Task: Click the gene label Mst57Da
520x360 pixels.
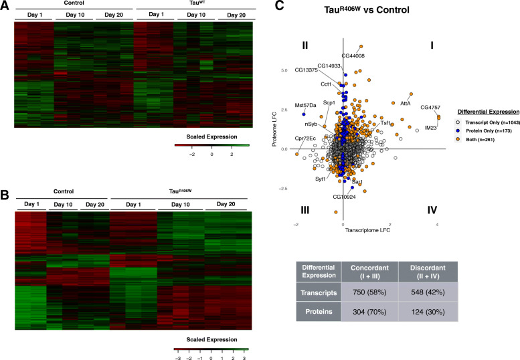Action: (305, 106)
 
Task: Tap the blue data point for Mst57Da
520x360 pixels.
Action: (304, 114)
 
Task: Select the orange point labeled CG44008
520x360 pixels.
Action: (361, 47)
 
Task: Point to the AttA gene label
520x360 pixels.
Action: (406, 104)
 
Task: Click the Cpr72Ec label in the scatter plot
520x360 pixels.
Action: (305, 139)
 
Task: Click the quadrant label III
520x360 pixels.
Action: (305, 210)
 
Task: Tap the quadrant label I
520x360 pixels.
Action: (432, 45)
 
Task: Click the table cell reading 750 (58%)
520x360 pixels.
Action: (369, 292)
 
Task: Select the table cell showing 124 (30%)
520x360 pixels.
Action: (428, 312)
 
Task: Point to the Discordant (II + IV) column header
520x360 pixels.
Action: (428, 272)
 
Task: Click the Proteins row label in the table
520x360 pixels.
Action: (319, 312)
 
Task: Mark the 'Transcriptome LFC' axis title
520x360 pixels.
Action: (367, 230)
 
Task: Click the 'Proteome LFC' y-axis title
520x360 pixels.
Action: (274, 129)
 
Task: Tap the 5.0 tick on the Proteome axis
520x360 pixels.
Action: (284, 71)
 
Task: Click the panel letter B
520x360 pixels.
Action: (4, 195)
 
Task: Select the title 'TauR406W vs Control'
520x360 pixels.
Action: (367, 9)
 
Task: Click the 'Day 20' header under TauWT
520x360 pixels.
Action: (236, 15)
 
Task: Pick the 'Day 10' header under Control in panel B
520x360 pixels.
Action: (63, 205)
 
